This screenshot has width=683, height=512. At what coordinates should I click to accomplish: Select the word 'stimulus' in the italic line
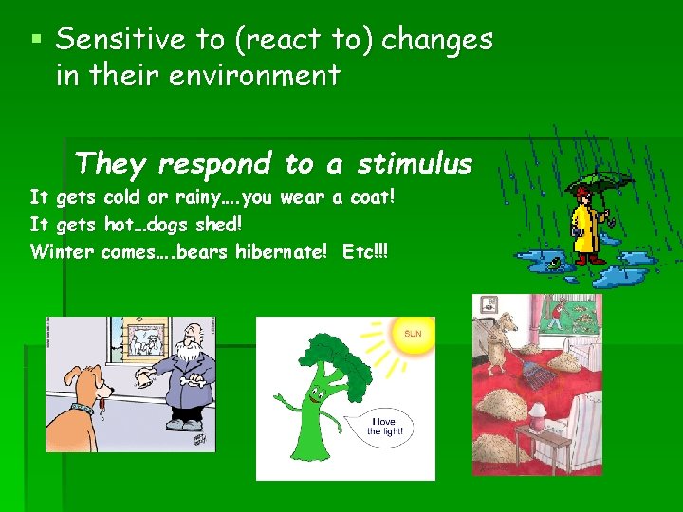coord(414,164)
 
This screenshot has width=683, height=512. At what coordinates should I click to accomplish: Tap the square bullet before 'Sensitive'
coord(36,41)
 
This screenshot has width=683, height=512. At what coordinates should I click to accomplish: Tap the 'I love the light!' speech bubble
coord(386,426)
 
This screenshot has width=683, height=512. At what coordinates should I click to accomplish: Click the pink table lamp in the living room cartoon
coord(540,415)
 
